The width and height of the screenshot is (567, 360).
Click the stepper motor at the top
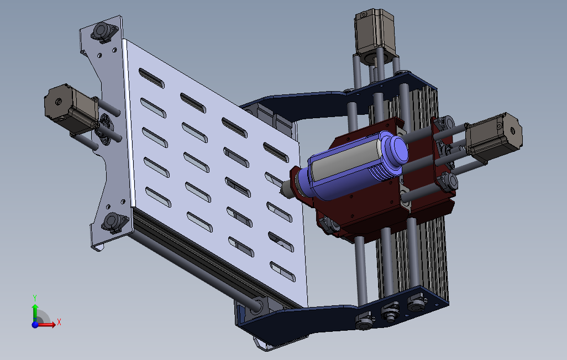(x=375, y=36)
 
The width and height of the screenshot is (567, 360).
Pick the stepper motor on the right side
(x=494, y=136)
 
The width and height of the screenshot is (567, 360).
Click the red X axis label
(x=59, y=322)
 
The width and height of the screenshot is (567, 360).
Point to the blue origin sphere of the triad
(x=35, y=325)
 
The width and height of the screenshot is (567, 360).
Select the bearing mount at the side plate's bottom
(x=114, y=222)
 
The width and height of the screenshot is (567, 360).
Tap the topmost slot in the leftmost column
(x=151, y=78)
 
